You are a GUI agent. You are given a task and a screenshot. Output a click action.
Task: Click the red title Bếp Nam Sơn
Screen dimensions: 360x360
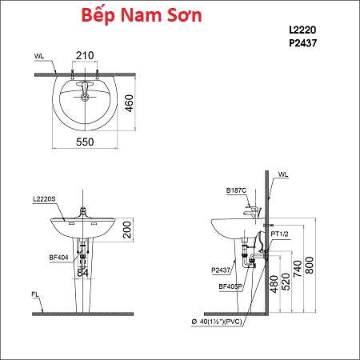(142, 15)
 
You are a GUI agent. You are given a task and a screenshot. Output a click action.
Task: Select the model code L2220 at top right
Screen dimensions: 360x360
(302, 30)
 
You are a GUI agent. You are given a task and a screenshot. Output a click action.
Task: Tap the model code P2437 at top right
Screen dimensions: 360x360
(303, 43)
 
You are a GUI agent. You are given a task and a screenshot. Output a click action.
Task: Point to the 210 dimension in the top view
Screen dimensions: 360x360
(85, 55)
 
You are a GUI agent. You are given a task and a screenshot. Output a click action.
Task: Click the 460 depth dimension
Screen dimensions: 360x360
(129, 103)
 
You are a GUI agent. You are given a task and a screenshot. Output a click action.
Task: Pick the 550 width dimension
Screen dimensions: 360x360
(85, 142)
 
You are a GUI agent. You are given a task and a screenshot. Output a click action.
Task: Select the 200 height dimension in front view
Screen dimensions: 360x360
(127, 230)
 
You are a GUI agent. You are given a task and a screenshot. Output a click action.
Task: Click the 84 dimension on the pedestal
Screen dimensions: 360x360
(82, 273)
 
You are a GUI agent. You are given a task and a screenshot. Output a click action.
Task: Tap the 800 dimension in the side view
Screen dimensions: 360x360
(310, 265)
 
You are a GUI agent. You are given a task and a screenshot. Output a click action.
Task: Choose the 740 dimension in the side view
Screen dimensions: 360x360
(298, 269)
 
